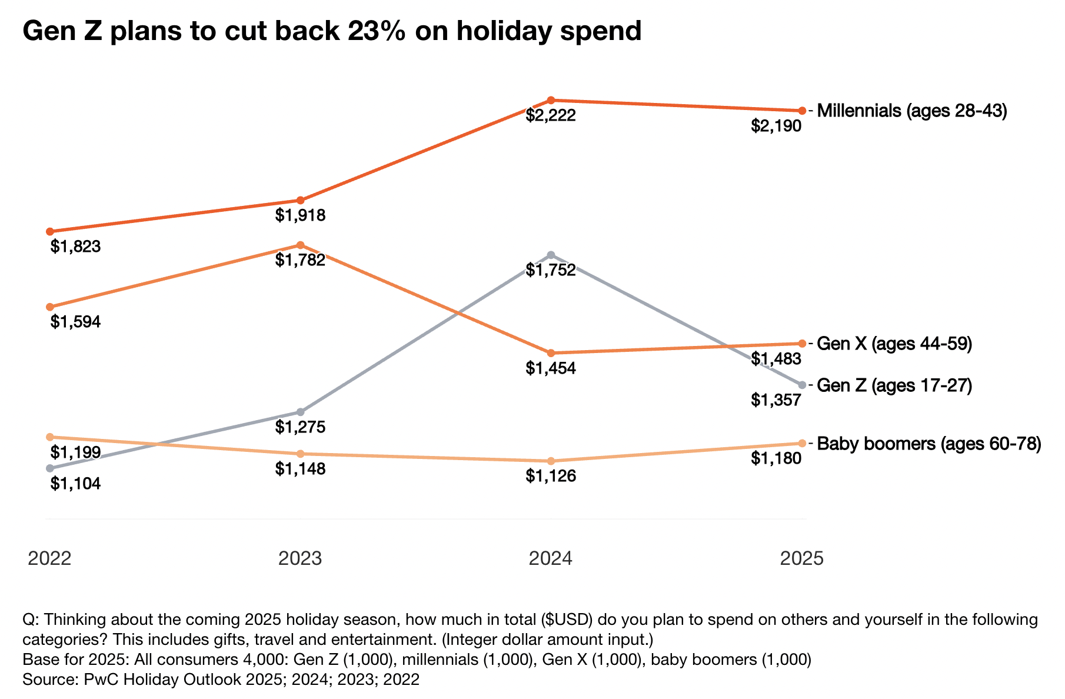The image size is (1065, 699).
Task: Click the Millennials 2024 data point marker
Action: (551, 100)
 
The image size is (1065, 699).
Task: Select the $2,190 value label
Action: (776, 126)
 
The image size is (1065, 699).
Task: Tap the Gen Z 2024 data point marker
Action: (551, 255)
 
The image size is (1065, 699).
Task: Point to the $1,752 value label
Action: (551, 271)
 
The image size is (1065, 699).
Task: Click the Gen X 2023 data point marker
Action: (300, 245)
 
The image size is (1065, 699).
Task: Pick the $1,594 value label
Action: (75, 322)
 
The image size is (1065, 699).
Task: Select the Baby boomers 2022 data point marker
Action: (50, 437)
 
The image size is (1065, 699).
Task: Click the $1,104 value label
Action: (75, 484)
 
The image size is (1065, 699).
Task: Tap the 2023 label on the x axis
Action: (300, 558)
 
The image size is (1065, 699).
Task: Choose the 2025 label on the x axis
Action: (801, 558)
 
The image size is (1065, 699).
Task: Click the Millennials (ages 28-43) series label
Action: (912, 111)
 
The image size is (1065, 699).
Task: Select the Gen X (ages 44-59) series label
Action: (894, 344)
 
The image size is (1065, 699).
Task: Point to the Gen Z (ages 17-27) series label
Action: (894, 385)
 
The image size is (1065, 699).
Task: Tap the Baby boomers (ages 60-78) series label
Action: (929, 443)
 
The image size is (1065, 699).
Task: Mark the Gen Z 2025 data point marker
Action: (802, 385)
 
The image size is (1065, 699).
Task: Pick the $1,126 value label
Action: (551, 476)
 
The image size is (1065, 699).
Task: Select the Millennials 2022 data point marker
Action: (50, 231)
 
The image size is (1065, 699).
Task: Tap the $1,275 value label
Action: (300, 427)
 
